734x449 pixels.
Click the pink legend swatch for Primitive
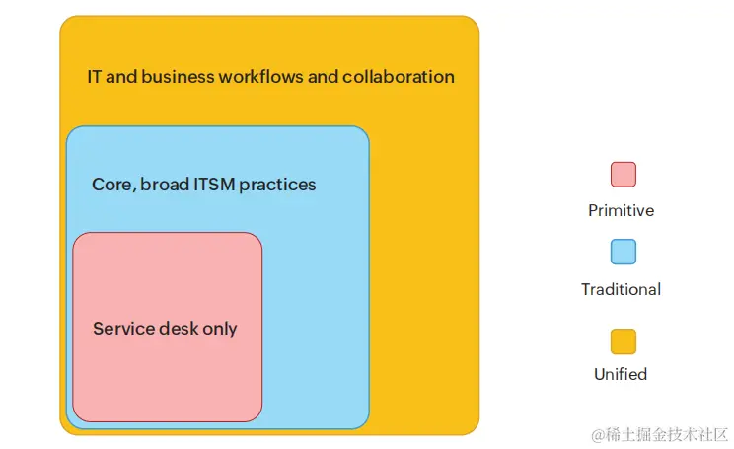pyautogui.click(x=623, y=175)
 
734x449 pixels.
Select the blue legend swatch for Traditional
pyautogui.click(x=623, y=252)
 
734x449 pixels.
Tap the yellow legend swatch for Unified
pyautogui.click(x=623, y=341)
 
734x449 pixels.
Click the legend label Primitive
pyautogui.click(x=621, y=210)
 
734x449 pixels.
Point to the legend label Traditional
pyautogui.click(x=621, y=289)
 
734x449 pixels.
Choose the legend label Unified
pyautogui.click(x=621, y=374)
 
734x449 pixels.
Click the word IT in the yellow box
pyautogui.click(x=94, y=76)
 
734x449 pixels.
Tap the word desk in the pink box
pyautogui.click(x=179, y=329)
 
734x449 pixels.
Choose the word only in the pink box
pyautogui.click(x=220, y=329)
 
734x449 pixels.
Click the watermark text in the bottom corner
pyautogui.click(x=659, y=434)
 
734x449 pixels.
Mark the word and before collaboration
pyautogui.click(x=323, y=76)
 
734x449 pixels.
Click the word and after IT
pyautogui.click(x=120, y=76)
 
